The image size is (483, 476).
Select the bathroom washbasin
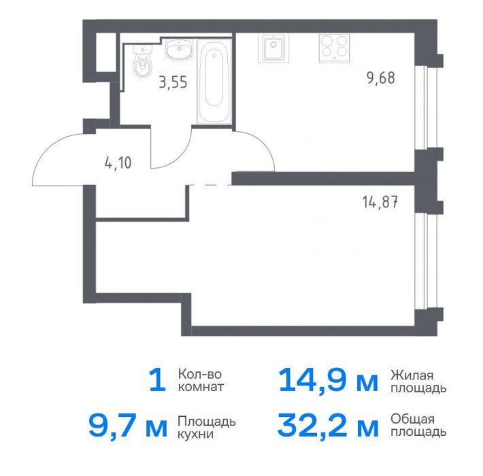(179, 49)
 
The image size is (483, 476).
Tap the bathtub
(214, 82)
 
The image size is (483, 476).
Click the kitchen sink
(273, 48)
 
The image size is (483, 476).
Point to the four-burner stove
(335, 48)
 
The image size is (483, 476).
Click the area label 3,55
(173, 82)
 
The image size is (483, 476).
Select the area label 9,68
(381, 78)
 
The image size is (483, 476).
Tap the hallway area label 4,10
(118, 163)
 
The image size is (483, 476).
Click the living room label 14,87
(380, 202)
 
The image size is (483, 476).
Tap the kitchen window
(426, 107)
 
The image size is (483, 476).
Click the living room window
(426, 261)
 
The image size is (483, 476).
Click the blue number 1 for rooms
(158, 381)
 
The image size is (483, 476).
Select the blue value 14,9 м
(328, 381)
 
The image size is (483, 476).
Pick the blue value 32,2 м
(328, 426)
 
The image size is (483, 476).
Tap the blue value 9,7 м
(128, 426)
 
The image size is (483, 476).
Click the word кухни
(196, 434)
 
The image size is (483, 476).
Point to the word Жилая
(412, 375)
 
